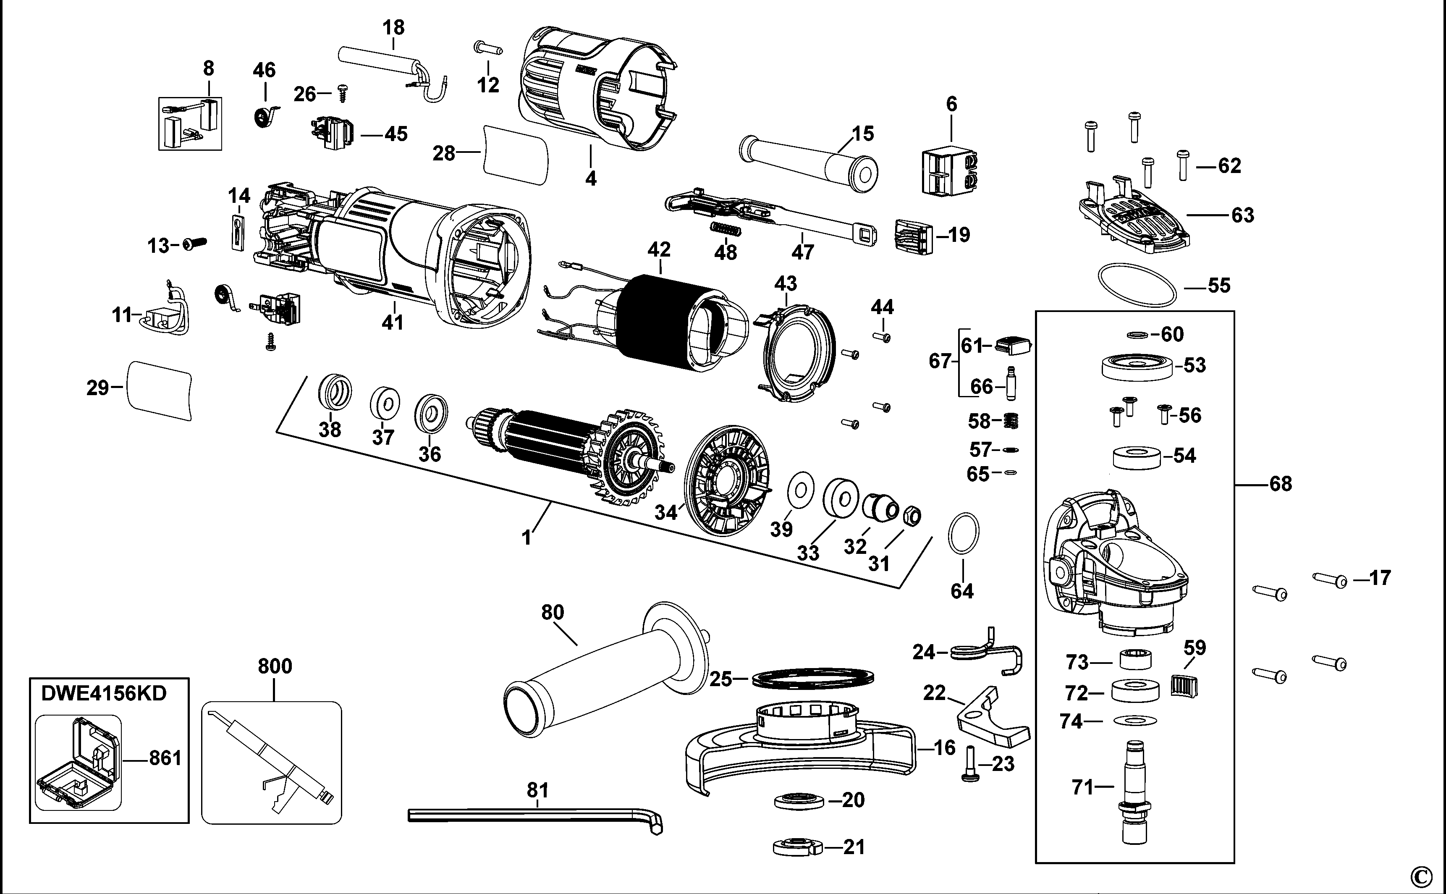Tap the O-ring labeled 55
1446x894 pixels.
tap(1137, 286)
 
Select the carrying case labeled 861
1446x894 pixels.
tap(78, 762)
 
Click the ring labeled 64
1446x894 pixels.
tap(963, 533)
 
